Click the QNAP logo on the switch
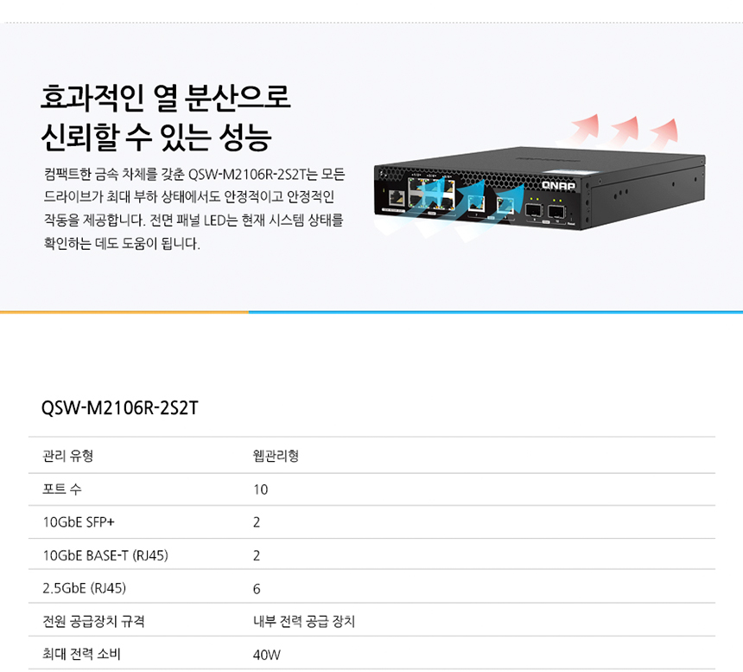click(558, 185)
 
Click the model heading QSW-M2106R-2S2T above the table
click(120, 408)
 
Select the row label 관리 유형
click(67, 456)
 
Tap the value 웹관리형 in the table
click(276, 456)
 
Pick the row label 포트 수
click(62, 489)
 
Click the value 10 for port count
click(261, 490)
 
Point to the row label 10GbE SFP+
click(79, 522)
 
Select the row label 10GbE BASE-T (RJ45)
click(105, 555)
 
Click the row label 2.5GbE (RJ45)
click(85, 588)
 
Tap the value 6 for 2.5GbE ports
click(257, 589)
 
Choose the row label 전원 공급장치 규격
click(93, 621)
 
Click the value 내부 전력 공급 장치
click(304, 621)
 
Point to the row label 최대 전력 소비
click(81, 654)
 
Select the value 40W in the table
click(267, 655)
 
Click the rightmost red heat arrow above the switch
click(664, 133)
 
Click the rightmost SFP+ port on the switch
click(556, 212)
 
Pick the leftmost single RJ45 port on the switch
click(397, 198)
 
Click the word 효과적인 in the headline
click(92, 98)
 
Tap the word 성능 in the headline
click(245, 138)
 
